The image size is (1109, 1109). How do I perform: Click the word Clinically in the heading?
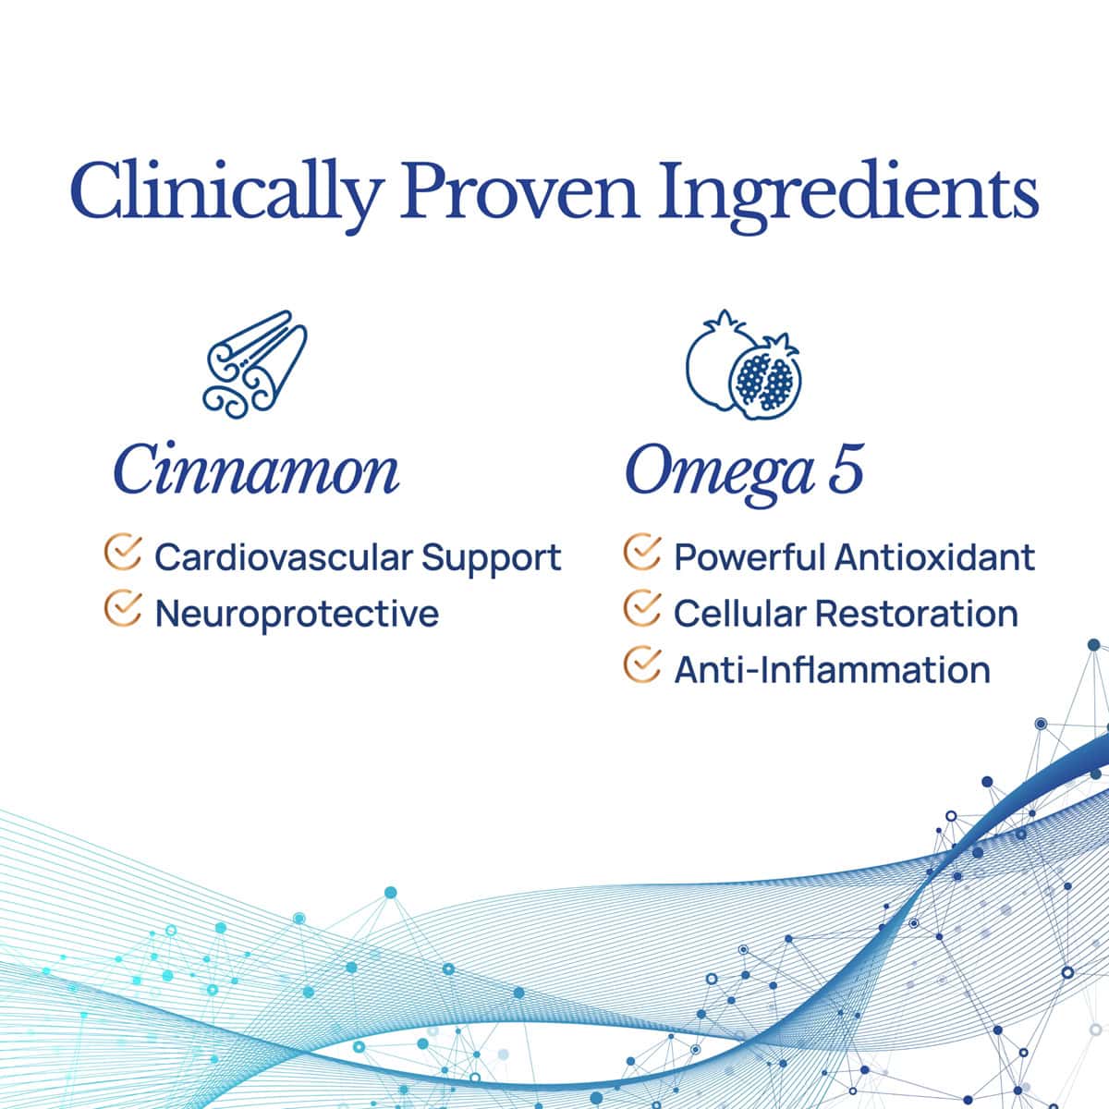(x=226, y=194)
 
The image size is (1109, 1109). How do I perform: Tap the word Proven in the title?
(x=519, y=191)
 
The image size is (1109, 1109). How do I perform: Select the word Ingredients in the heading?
(x=848, y=194)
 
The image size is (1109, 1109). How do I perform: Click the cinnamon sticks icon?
(x=255, y=364)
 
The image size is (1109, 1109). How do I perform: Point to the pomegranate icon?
(x=743, y=365)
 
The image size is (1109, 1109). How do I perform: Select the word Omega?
(x=720, y=475)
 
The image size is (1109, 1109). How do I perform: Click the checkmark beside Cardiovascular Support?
(x=123, y=552)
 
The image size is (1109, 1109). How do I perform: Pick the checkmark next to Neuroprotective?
(x=123, y=608)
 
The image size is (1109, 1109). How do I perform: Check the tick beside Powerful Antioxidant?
(x=641, y=552)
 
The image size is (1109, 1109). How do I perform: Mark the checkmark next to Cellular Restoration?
(x=641, y=608)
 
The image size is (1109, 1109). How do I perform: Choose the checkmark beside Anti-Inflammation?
(x=641, y=664)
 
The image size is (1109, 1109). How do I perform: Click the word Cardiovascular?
(x=284, y=556)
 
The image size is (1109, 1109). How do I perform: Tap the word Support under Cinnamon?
(x=492, y=560)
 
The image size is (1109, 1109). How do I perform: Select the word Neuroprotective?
(x=297, y=614)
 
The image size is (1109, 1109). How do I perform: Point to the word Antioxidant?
(x=934, y=556)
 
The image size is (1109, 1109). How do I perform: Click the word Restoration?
(x=917, y=613)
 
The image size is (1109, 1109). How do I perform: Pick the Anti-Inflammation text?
(x=832, y=670)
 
